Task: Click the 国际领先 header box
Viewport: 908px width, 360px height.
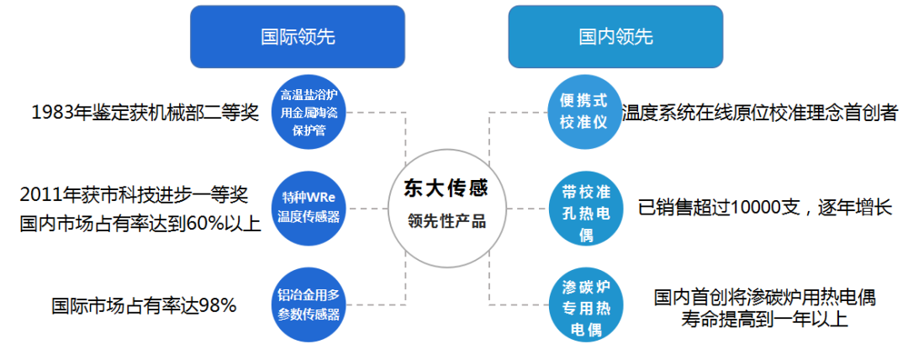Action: [298, 37]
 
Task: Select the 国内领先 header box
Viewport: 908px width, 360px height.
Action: [615, 37]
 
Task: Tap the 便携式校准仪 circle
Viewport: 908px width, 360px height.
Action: [583, 111]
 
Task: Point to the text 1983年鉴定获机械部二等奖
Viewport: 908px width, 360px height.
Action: [145, 113]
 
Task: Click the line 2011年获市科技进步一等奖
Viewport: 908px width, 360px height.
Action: [135, 195]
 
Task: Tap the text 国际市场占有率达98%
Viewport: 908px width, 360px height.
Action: [144, 305]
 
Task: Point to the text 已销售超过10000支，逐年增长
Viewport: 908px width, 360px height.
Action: [764, 207]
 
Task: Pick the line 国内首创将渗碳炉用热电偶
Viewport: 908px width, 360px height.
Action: [765, 297]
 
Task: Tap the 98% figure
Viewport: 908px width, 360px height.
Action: [217, 305]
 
